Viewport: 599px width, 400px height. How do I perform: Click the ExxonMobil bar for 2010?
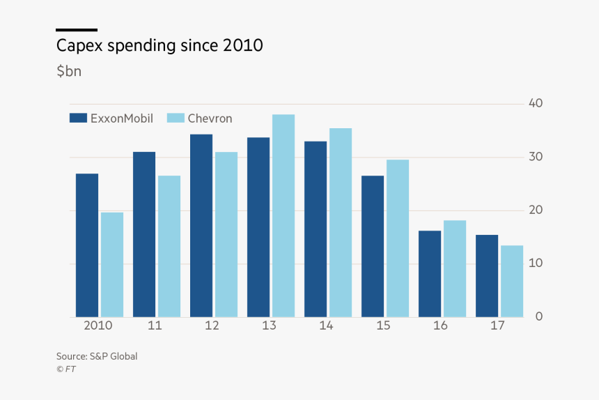pyautogui.click(x=87, y=245)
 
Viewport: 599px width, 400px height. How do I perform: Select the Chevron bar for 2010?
pyautogui.click(x=112, y=265)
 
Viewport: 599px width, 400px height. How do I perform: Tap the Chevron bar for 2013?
pyautogui.click(x=283, y=216)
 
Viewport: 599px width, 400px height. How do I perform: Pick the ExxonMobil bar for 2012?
pyautogui.click(x=201, y=226)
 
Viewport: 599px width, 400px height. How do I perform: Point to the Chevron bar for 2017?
pyautogui.click(x=512, y=281)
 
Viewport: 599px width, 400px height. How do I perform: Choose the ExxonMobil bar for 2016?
pyautogui.click(x=430, y=274)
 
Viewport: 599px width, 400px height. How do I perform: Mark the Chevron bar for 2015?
pyautogui.click(x=398, y=238)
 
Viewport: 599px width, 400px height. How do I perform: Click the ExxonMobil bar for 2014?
pyautogui.click(x=316, y=229)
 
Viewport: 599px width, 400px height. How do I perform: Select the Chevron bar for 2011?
pyautogui.click(x=169, y=247)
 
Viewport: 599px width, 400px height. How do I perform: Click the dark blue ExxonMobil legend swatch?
pyautogui.click(x=78, y=118)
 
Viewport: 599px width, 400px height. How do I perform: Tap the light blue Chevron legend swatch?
pyautogui.click(x=176, y=118)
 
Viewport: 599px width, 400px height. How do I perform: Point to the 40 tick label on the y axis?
pyautogui.click(x=536, y=103)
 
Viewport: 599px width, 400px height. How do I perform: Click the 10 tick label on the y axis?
pyautogui.click(x=536, y=263)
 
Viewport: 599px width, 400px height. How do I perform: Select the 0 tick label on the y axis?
pyautogui.click(x=539, y=316)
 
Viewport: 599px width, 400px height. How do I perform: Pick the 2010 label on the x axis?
pyautogui.click(x=98, y=325)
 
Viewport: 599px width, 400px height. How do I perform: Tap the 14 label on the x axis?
pyautogui.click(x=326, y=325)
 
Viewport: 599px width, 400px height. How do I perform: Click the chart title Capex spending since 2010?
pyautogui.click(x=160, y=46)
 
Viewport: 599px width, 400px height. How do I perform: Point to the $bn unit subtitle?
pyautogui.click(x=69, y=71)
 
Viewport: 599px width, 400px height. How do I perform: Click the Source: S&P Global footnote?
pyautogui.click(x=97, y=357)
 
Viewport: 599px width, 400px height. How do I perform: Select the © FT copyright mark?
pyautogui.click(x=66, y=369)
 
